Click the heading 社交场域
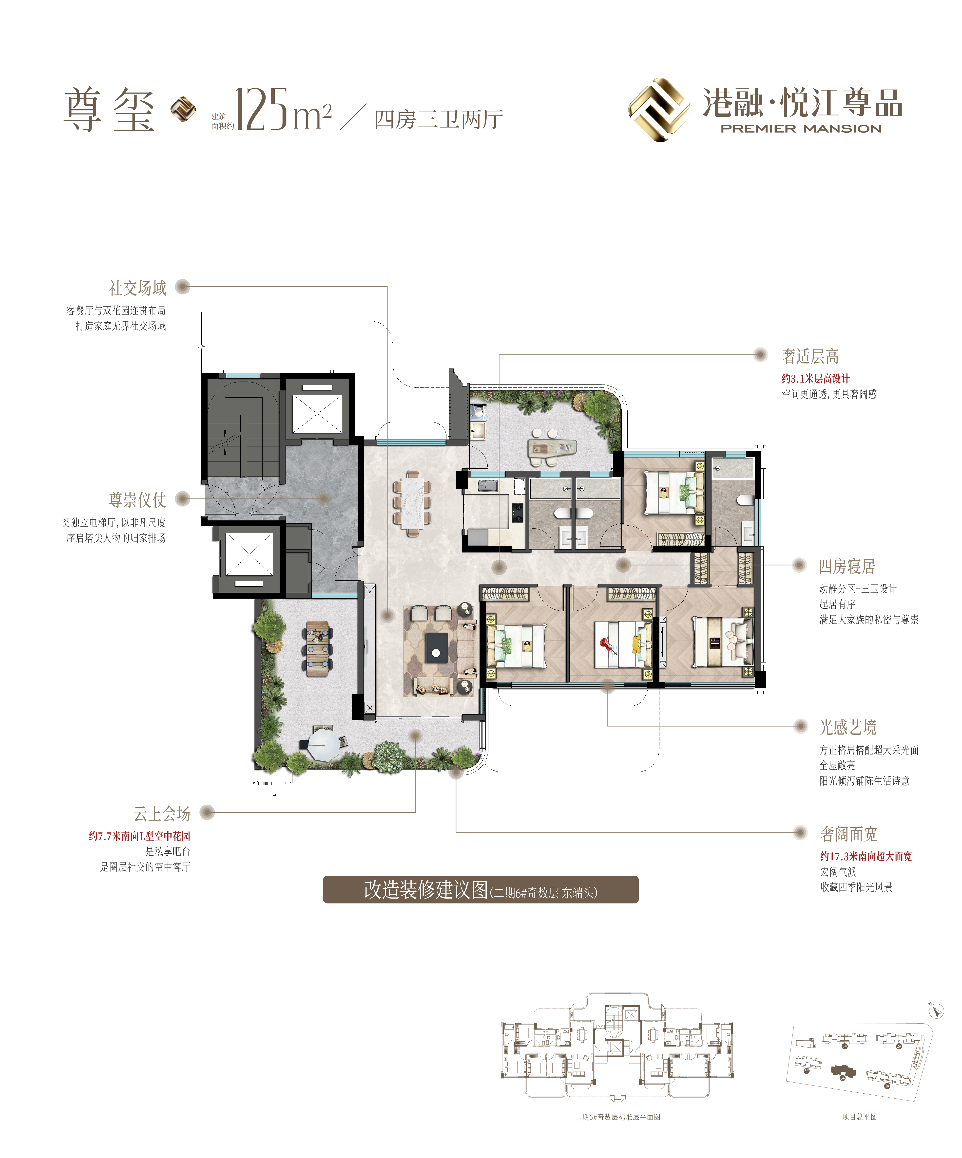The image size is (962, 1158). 137,288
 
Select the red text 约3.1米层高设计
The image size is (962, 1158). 815,378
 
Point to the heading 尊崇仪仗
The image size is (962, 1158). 137,500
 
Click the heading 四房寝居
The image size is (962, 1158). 847,566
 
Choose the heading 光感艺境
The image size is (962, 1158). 848,727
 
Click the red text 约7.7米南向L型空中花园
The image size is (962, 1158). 139,836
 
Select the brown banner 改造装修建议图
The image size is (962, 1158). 481,889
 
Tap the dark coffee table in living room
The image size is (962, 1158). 436,648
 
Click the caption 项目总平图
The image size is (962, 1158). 859,1117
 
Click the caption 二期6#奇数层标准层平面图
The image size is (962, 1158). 618,1117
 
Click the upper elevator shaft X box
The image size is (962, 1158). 317,414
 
